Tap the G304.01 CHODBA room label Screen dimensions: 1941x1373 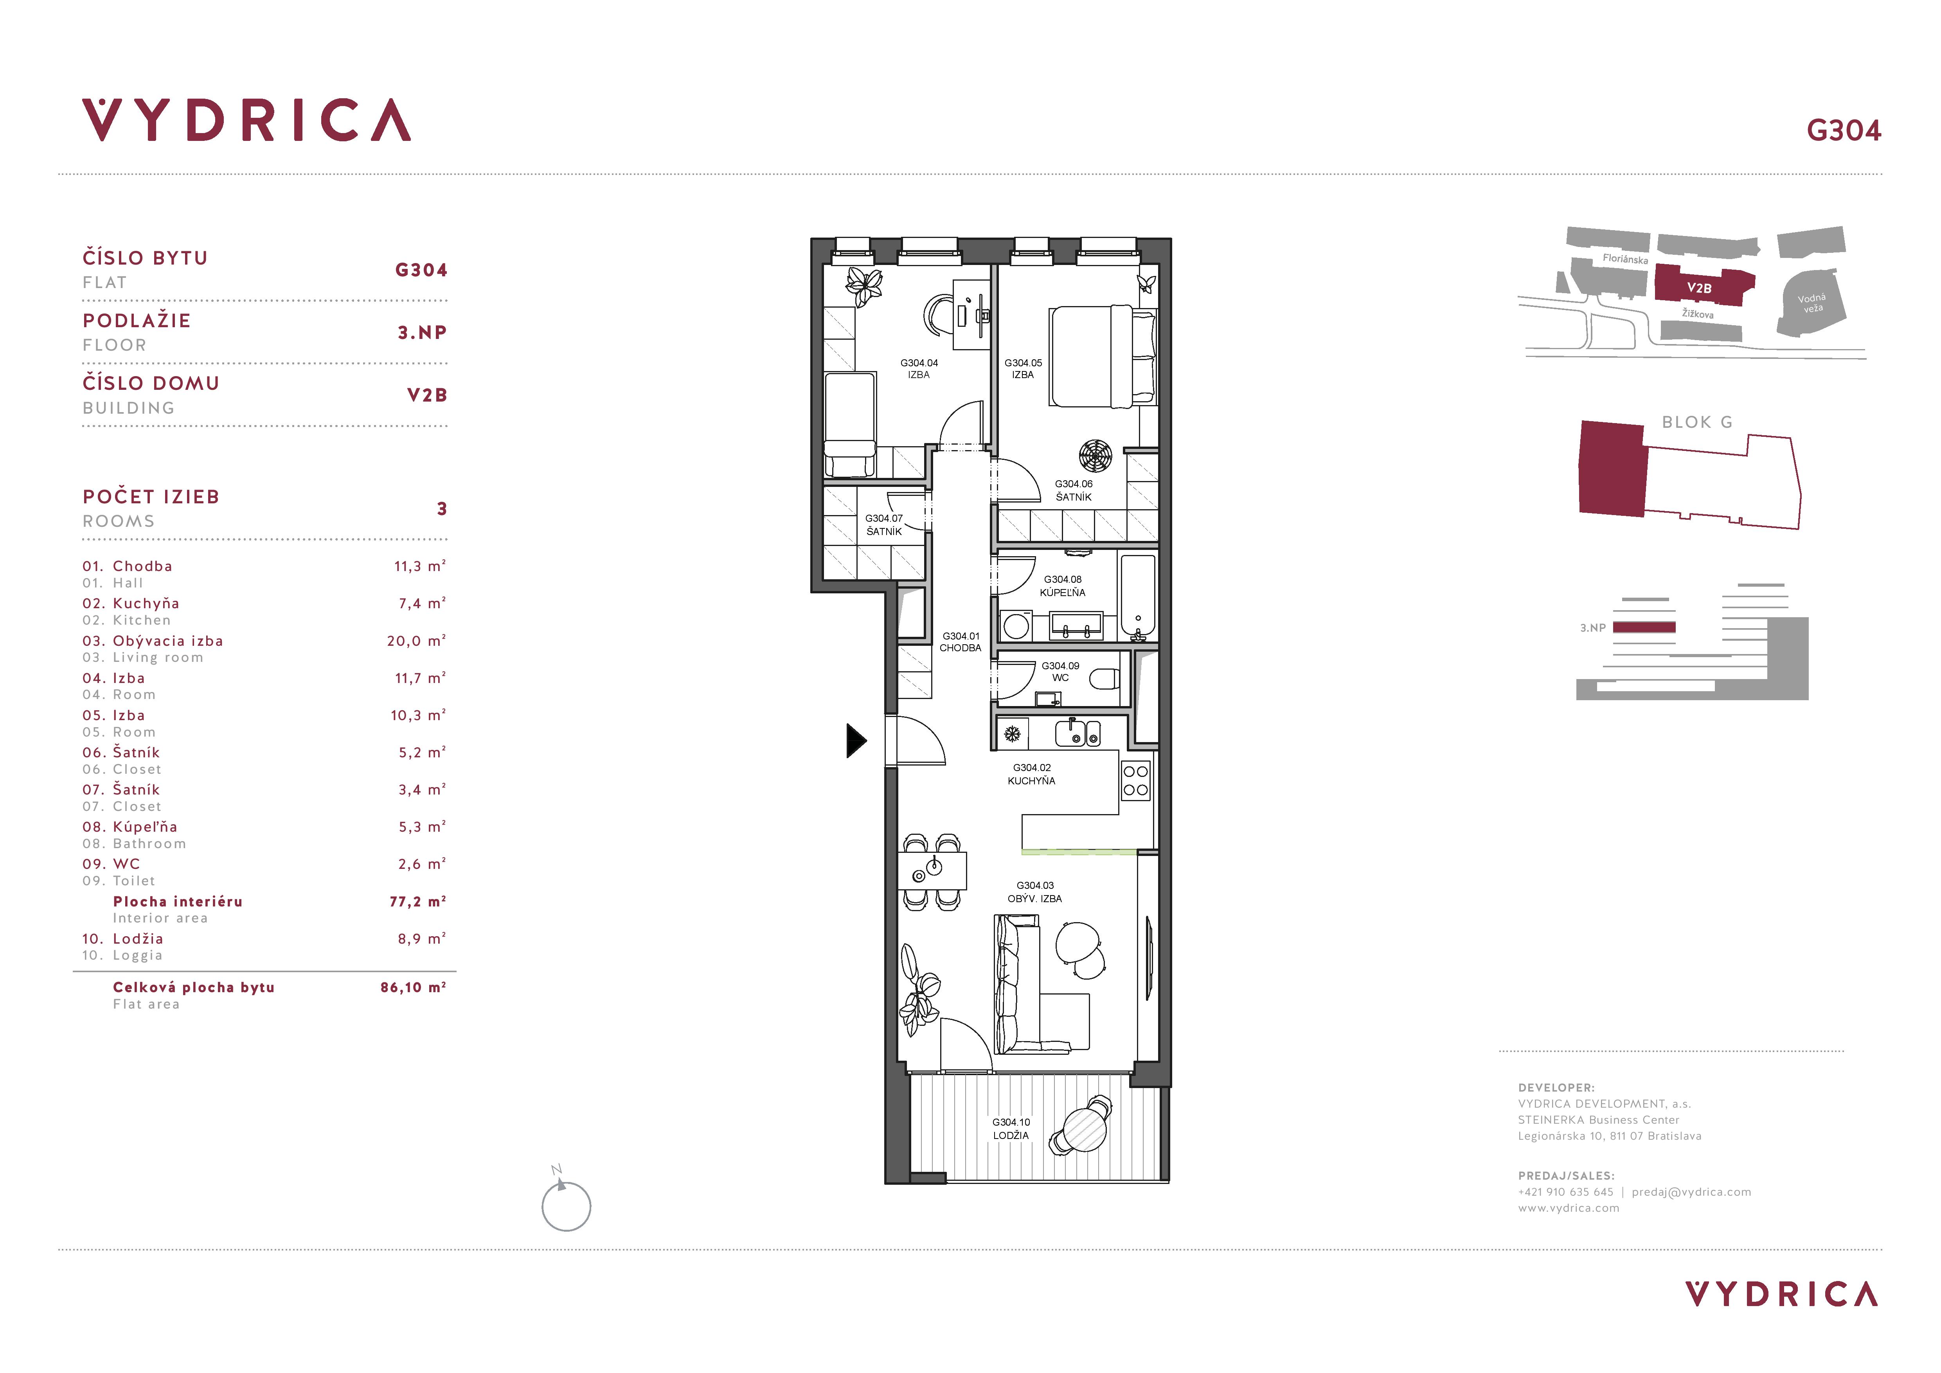pyautogui.click(x=961, y=642)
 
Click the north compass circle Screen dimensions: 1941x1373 pyautogui.click(x=566, y=1206)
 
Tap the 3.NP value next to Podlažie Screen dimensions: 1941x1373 pyautogui.click(x=422, y=332)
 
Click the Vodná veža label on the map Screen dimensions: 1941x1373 pyautogui.click(x=1811, y=303)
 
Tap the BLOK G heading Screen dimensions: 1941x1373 pyautogui.click(x=1697, y=422)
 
